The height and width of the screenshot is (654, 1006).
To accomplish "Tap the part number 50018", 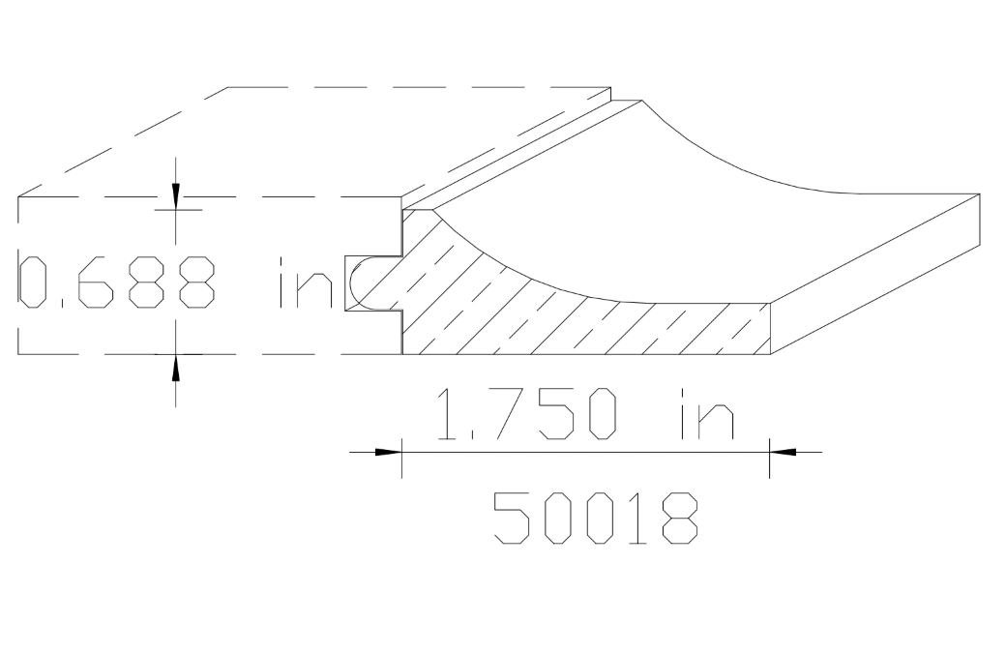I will (595, 517).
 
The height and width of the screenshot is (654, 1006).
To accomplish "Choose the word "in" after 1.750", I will (702, 414).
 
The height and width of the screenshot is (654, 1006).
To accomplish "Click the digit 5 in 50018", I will (512, 517).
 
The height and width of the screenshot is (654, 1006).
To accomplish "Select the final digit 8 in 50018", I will (678, 517).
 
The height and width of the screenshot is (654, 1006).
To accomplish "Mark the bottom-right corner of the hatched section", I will (769, 354).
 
